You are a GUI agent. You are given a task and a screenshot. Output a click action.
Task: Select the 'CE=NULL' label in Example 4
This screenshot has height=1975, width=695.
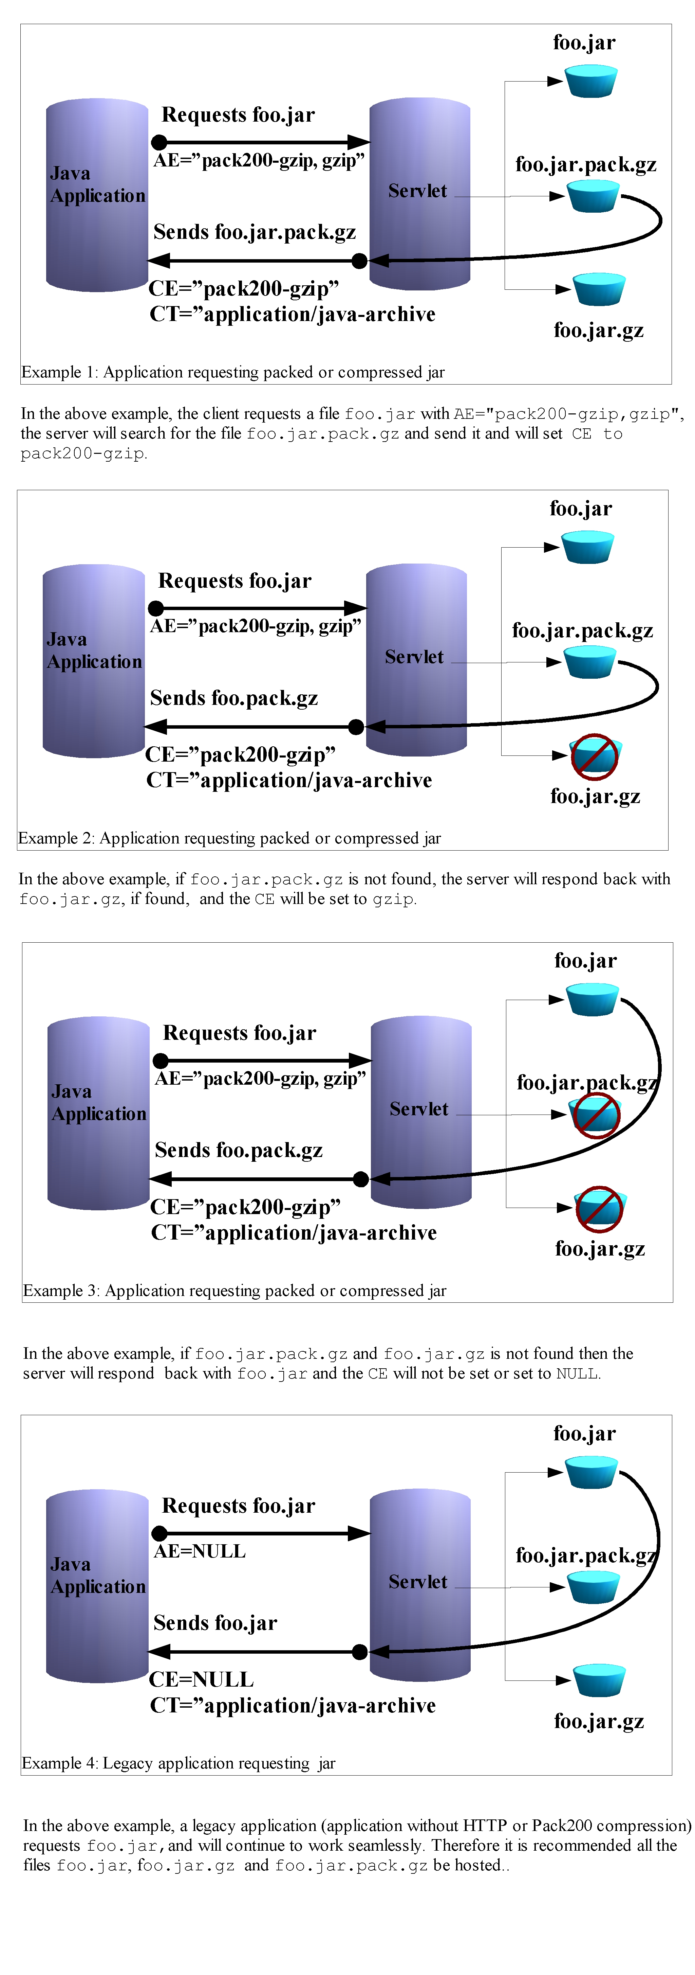pos(201,1679)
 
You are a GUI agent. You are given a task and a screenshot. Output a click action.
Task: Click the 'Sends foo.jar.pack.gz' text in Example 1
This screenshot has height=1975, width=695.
pos(255,232)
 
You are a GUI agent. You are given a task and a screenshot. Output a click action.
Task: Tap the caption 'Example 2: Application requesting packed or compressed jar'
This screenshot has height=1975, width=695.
pos(229,838)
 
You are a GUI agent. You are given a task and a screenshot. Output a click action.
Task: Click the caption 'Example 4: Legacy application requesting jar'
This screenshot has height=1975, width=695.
pos(179,1763)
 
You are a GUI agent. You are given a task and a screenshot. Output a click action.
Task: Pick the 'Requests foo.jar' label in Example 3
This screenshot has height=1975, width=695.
pos(239,1033)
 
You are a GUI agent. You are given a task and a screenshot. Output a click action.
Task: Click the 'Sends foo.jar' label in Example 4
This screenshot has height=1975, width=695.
pos(215,1622)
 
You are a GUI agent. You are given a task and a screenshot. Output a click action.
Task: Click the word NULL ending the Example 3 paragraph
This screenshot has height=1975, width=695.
pos(577,1373)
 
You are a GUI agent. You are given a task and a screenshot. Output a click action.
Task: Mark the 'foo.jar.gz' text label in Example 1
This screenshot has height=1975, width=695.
pos(598,331)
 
